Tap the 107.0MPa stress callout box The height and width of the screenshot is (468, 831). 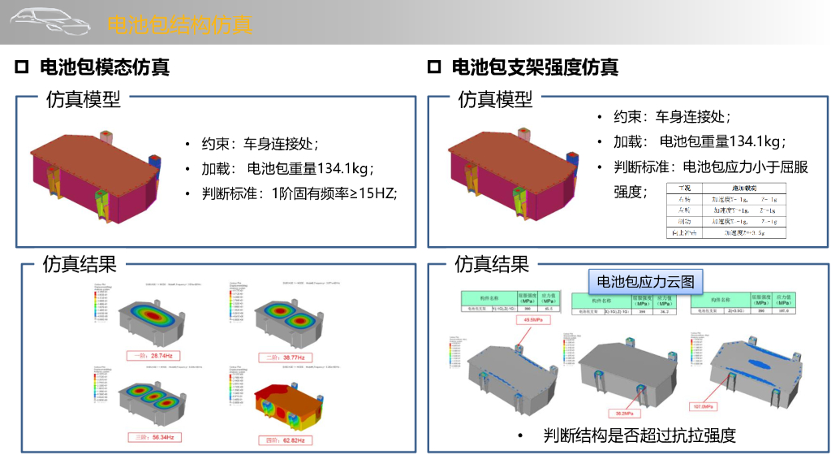(704, 405)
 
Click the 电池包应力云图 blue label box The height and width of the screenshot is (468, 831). (646, 282)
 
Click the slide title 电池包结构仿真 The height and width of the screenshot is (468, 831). (179, 24)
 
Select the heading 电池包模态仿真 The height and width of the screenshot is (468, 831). (105, 67)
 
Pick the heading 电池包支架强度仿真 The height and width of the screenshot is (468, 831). (535, 67)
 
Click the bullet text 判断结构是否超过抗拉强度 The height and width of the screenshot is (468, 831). (639, 435)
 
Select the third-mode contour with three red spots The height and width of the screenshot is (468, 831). (153, 402)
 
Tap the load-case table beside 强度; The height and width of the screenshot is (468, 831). (726, 210)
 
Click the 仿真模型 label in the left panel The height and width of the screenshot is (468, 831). (84, 99)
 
